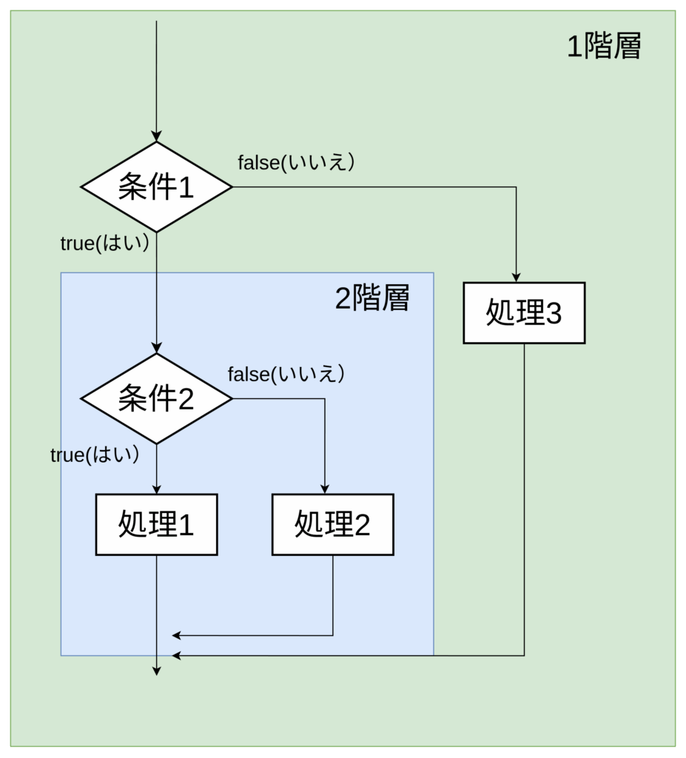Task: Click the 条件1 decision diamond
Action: (156, 187)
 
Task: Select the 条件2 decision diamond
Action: (156, 399)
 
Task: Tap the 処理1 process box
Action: (156, 524)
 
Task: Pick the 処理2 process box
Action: (332, 524)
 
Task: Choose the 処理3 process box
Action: (524, 313)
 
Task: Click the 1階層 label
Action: (603, 47)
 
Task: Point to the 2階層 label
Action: (371, 298)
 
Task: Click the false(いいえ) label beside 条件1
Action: (296, 162)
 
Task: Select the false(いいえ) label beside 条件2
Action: (286, 374)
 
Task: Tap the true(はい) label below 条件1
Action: (105, 243)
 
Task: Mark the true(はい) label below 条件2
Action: (95, 455)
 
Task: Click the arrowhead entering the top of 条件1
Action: (156, 137)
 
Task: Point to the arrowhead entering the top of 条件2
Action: (156, 349)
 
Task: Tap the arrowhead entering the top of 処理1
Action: (156, 489)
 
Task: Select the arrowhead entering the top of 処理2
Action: (325, 489)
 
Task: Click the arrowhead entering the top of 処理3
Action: (516, 278)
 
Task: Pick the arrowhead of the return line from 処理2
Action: (176, 635)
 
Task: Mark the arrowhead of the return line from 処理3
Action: (176, 656)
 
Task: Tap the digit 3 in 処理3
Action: (552, 314)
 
